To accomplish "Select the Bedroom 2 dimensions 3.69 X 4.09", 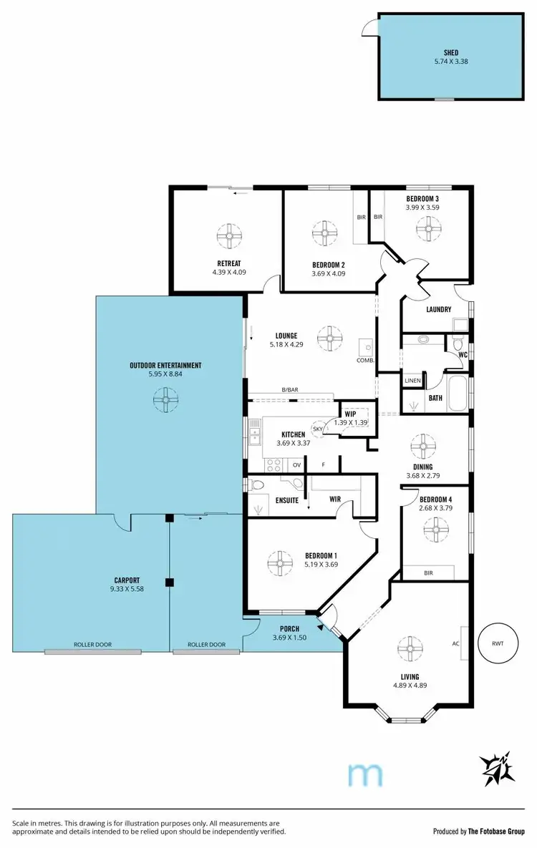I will click(x=329, y=273).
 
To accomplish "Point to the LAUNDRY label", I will click(x=438, y=309).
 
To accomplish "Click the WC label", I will click(x=462, y=354).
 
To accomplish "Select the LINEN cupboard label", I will click(x=413, y=381).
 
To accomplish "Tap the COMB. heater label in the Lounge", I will click(x=366, y=360).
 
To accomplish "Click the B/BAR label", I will click(x=290, y=389).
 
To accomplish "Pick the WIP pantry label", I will click(x=350, y=414).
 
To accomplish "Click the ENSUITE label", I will click(x=286, y=500).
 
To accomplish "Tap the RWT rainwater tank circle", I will click(x=498, y=643).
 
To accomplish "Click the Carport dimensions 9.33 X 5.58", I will click(x=126, y=589).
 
